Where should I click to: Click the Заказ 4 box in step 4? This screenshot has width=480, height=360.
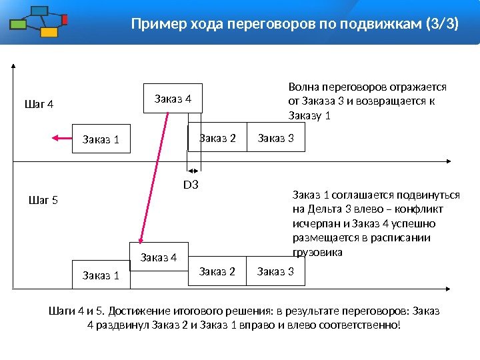173,99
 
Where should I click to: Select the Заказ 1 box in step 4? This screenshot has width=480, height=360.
100,139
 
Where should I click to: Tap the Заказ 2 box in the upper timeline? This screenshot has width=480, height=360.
217,138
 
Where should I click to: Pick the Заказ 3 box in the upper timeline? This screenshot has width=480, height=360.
275,138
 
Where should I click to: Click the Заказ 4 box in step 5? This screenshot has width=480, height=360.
159,257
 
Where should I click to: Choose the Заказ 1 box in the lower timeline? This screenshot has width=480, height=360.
100,275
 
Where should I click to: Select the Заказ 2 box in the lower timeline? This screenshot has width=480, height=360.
217,271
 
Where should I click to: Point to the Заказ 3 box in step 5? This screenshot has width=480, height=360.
275,271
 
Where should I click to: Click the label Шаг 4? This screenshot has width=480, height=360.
39,105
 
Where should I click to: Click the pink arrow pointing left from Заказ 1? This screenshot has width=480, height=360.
60,138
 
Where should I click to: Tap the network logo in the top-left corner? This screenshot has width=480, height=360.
39,22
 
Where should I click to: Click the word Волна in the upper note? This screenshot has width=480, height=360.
303,87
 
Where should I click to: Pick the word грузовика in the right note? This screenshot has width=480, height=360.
317,253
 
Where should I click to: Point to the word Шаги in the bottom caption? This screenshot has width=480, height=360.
62,311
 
